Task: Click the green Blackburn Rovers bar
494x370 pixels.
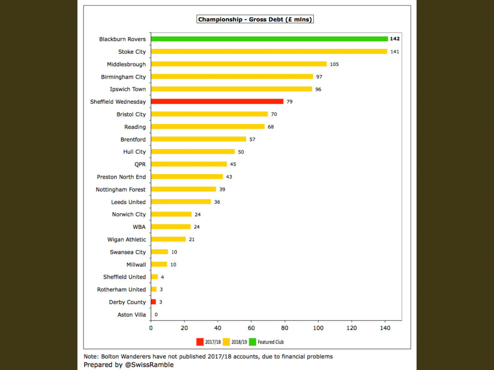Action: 269,39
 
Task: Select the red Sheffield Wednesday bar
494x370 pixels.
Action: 217,102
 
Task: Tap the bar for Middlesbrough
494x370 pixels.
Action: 239,64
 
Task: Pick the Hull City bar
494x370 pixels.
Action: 193,152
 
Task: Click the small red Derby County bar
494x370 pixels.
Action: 153,302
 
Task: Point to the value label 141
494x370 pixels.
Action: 395,52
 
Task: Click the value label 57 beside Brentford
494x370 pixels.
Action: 252,140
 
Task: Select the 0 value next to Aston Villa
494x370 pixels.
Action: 156,315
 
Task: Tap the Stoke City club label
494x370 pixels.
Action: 132,52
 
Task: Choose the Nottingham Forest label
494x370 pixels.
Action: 121,189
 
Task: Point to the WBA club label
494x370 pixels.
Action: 139,227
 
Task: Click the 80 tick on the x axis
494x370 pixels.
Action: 285,327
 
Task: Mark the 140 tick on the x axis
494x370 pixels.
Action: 385,327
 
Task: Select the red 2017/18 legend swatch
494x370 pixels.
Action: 200,341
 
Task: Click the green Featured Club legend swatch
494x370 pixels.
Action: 252,341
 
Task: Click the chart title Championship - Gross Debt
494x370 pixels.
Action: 255,20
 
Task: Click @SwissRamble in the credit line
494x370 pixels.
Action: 149,365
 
